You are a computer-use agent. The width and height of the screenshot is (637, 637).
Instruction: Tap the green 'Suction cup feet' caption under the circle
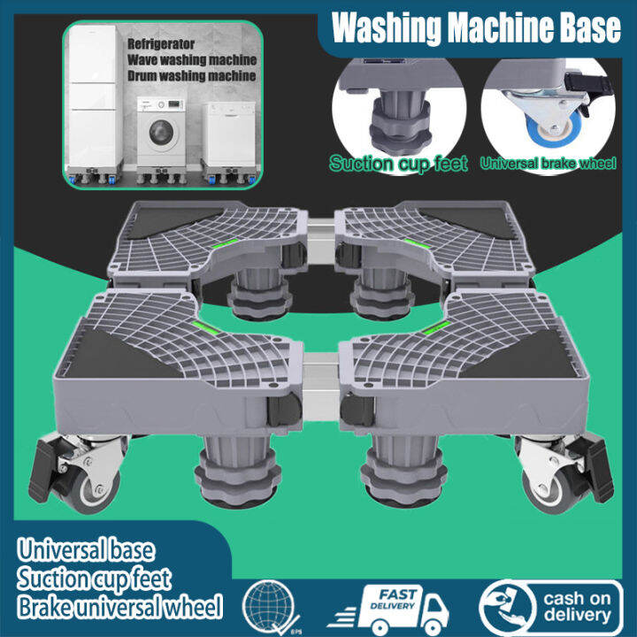click(x=398, y=164)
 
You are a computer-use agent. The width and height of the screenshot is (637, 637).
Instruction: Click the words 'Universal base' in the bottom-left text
click(x=85, y=550)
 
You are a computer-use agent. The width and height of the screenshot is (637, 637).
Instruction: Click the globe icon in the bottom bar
click(x=272, y=605)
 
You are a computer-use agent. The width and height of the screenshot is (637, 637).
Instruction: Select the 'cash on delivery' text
click(x=577, y=606)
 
